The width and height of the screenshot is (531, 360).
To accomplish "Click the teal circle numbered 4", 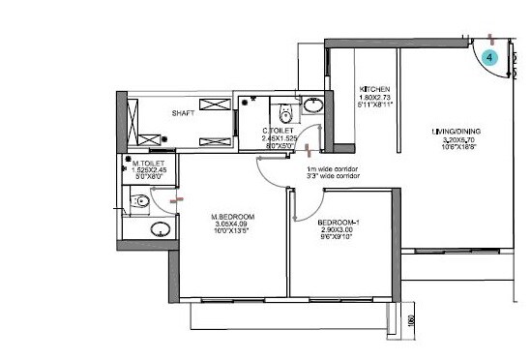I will pyautogui.click(x=489, y=58).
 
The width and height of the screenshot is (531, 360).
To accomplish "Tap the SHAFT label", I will pyautogui.click(x=184, y=113).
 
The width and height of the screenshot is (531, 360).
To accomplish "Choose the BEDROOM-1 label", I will pyautogui.click(x=339, y=224).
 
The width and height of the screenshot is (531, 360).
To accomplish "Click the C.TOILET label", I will pyautogui.click(x=278, y=131).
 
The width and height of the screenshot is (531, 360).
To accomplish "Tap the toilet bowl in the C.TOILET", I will pyautogui.click(x=280, y=108).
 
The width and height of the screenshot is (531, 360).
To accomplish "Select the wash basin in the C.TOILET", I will pyautogui.click(x=313, y=106).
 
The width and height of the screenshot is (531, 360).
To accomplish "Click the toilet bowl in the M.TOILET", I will pyautogui.click(x=140, y=202).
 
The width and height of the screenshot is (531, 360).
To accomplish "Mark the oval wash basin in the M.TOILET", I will pyautogui.click(x=161, y=230).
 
